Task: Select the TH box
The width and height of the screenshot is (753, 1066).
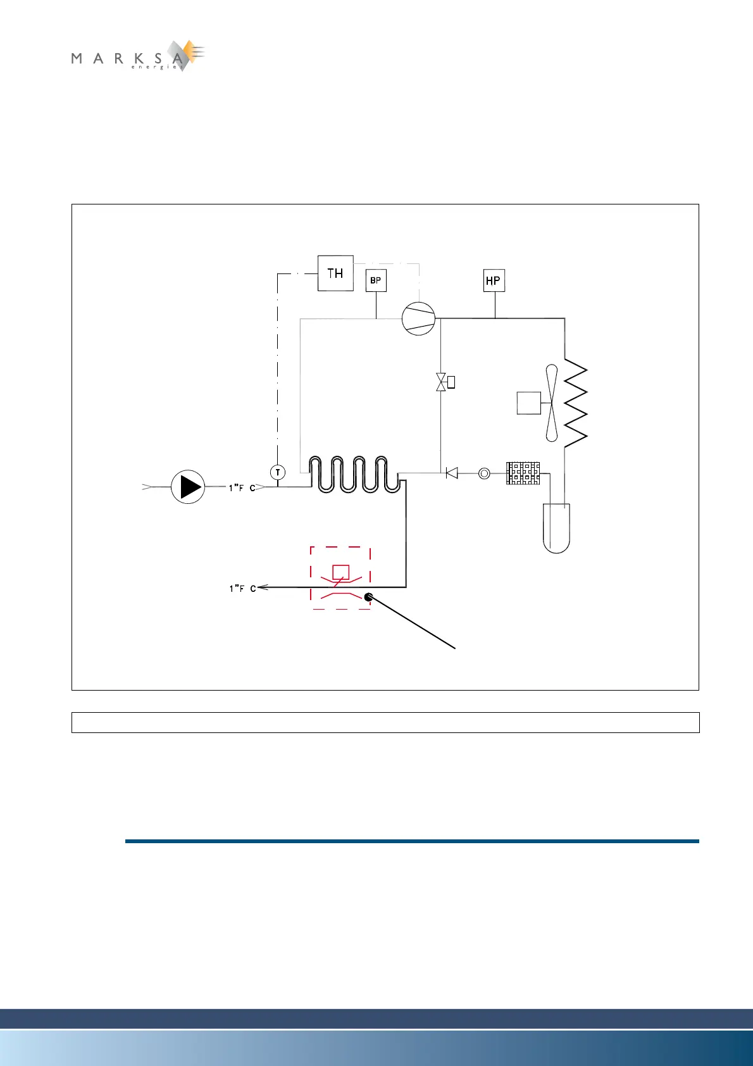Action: click(335, 273)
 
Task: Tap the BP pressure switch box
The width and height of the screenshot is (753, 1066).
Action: click(376, 280)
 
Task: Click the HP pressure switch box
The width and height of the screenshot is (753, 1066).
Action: click(494, 280)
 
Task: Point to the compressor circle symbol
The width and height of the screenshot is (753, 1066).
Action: click(418, 318)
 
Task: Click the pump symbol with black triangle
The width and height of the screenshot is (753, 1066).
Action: click(188, 487)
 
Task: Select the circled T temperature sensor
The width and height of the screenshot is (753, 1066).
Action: click(277, 472)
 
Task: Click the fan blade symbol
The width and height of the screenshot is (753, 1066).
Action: click(552, 403)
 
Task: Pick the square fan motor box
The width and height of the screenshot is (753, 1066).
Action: click(528, 403)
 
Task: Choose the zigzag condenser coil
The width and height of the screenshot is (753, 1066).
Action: click(575, 403)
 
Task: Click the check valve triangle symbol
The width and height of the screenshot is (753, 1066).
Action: click(452, 473)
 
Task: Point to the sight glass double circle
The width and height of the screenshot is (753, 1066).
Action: click(484, 473)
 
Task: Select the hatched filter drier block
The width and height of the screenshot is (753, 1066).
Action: click(523, 473)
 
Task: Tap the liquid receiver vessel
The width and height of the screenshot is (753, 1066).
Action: click(556, 528)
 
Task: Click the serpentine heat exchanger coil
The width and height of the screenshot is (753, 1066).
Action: click(354, 474)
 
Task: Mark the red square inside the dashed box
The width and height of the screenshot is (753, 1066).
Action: click(340, 572)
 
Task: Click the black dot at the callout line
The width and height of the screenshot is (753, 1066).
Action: click(368, 596)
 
